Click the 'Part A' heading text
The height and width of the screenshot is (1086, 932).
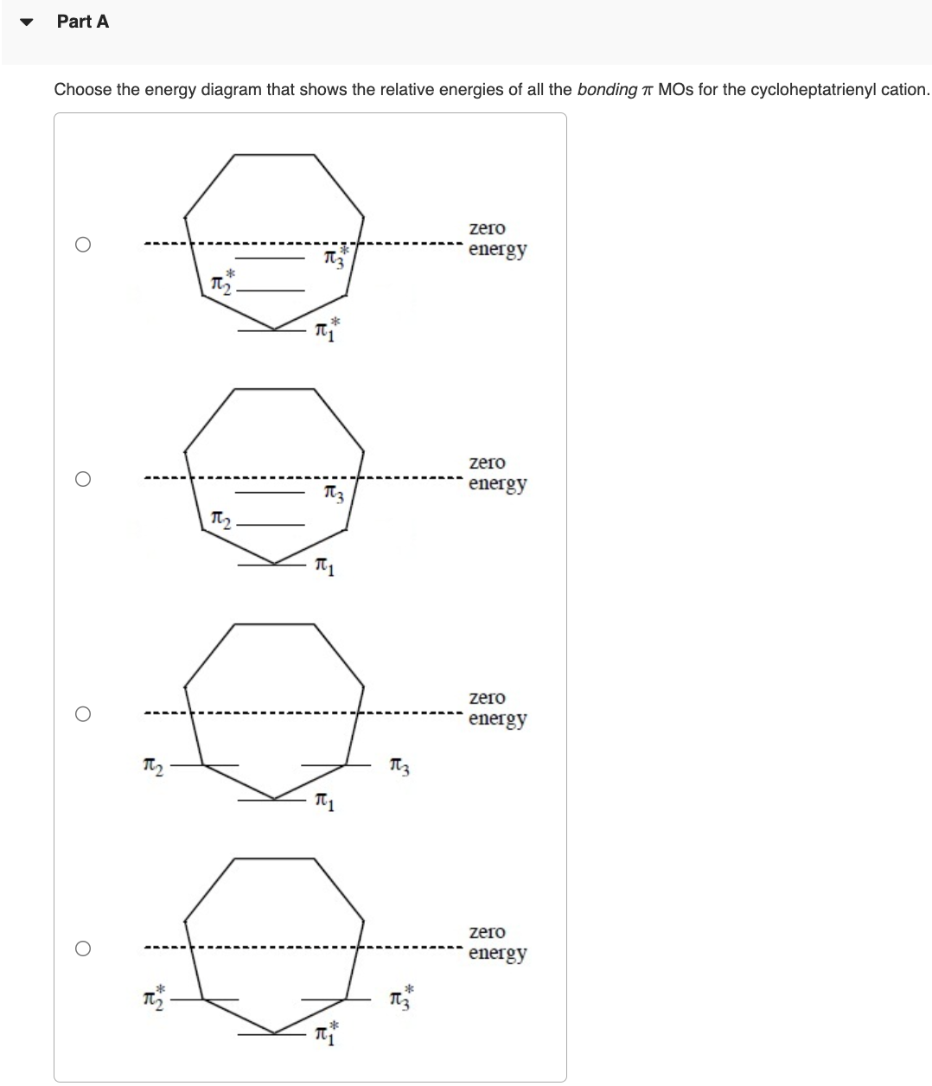83,22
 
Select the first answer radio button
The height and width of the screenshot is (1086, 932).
82,245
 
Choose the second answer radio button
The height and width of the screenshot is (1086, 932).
82,479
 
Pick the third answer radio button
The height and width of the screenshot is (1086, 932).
82,714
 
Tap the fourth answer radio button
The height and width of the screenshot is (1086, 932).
82,949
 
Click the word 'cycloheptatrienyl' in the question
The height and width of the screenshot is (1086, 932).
806,89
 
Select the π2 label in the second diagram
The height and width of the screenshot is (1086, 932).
220,519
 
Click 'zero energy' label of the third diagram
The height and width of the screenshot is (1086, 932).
496,708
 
